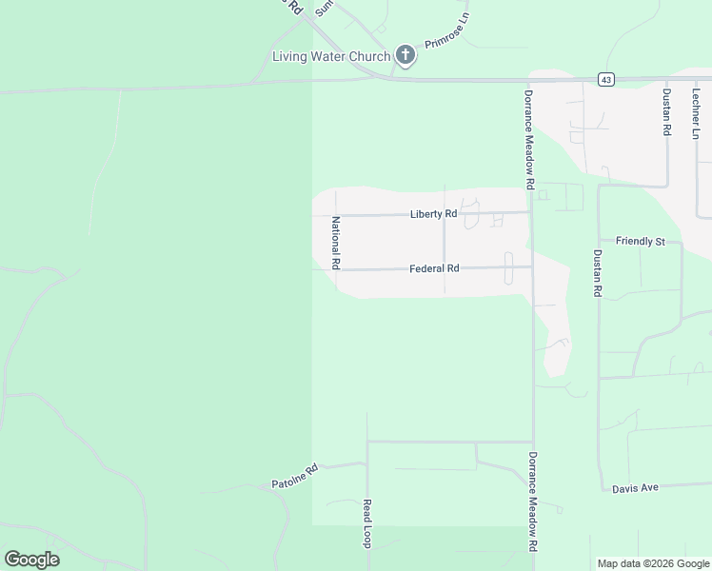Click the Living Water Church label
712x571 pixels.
pyautogui.click(x=331, y=56)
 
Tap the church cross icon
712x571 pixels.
pyautogui.click(x=405, y=55)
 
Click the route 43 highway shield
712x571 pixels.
pyautogui.click(x=605, y=80)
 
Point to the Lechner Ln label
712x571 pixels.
pyautogui.click(x=696, y=112)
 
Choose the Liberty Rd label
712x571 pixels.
pyautogui.click(x=433, y=214)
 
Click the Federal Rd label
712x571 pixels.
pyautogui.click(x=434, y=269)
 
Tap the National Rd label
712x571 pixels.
pyautogui.click(x=335, y=242)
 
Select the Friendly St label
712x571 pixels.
pyautogui.click(x=640, y=242)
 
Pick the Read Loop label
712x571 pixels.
pyautogui.click(x=365, y=523)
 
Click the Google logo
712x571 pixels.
pyautogui.click(x=31, y=560)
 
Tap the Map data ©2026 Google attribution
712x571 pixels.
pyautogui.click(x=654, y=563)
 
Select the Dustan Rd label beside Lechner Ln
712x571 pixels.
pyautogui.click(x=666, y=112)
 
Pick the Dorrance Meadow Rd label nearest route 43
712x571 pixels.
pyautogui.click(x=530, y=137)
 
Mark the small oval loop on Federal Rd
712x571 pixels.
pyautogui.click(x=507, y=267)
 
